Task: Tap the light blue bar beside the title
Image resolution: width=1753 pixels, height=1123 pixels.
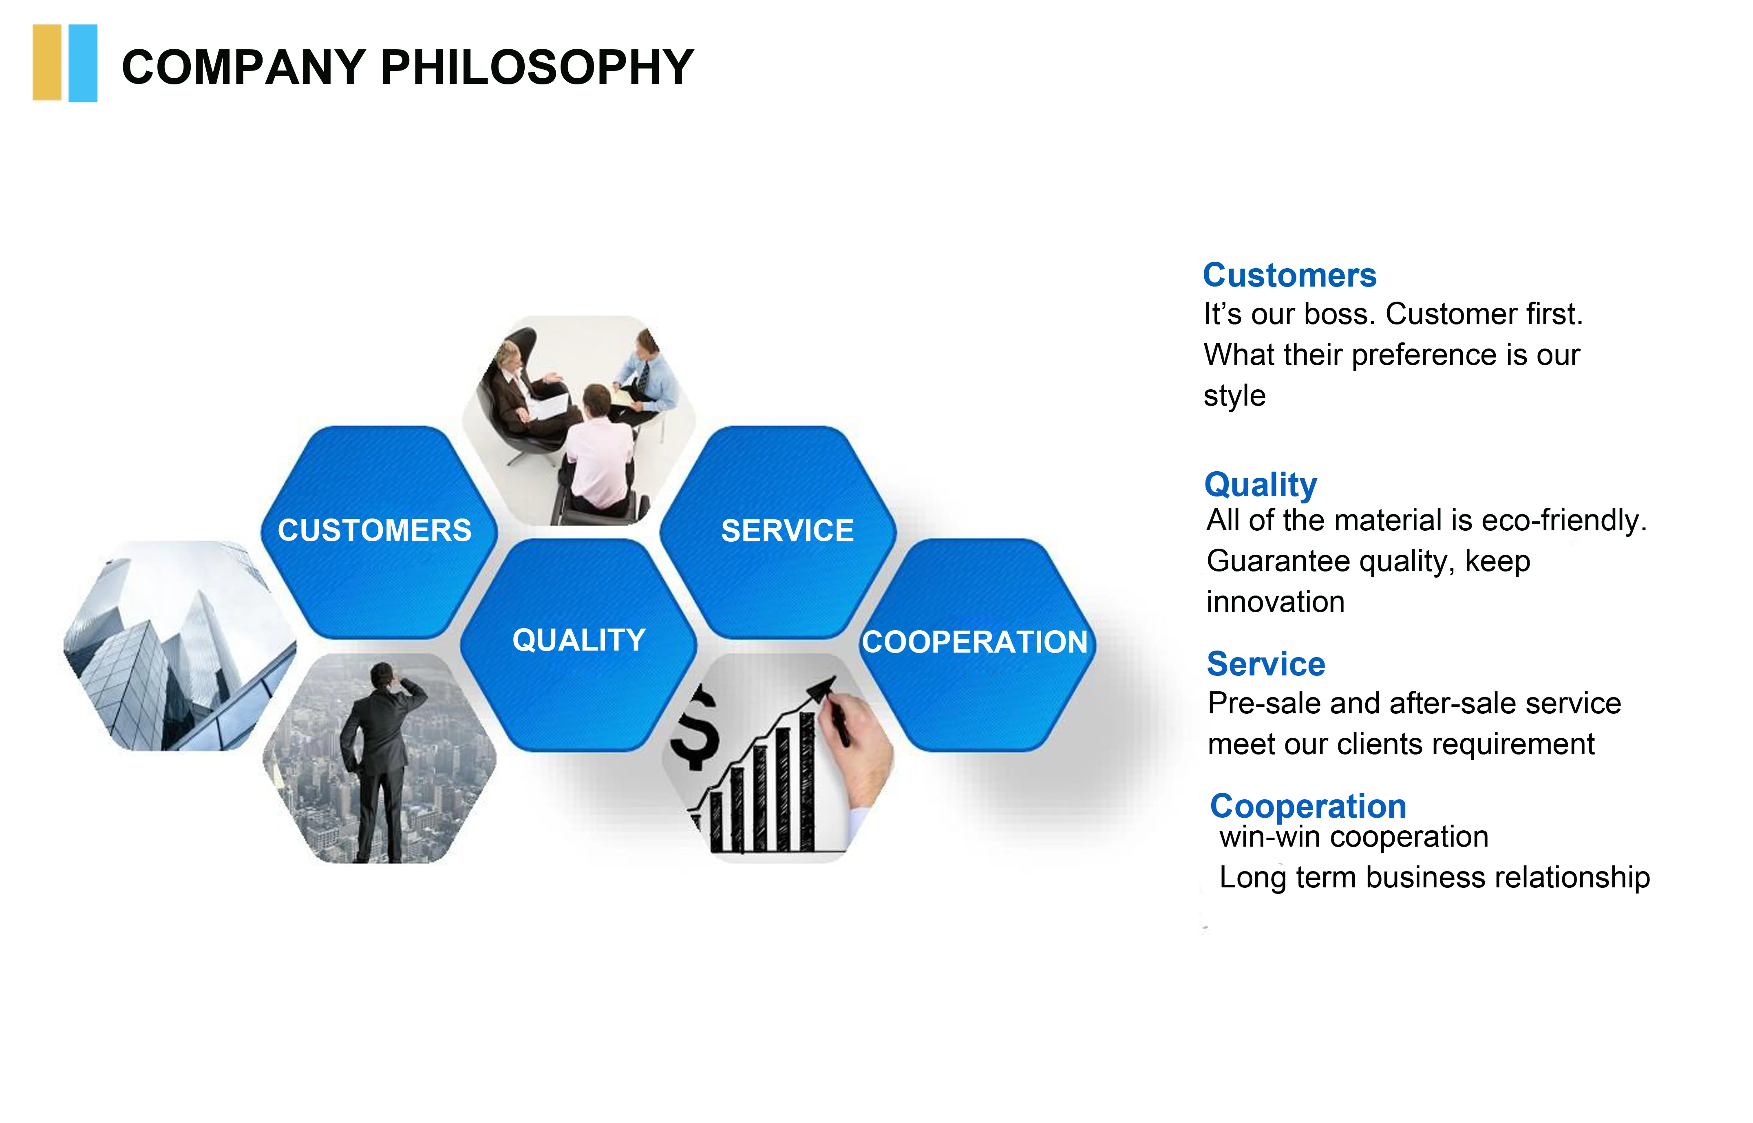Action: [x=83, y=64]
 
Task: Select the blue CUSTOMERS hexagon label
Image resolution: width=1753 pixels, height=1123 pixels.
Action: [x=375, y=530]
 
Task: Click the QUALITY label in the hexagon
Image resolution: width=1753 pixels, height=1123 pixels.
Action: [x=579, y=640]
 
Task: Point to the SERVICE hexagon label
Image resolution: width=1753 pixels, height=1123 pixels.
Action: [x=788, y=530]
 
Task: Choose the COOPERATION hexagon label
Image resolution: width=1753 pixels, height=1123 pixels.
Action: [x=975, y=642]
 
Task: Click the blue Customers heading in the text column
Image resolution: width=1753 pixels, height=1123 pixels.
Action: [x=1289, y=275]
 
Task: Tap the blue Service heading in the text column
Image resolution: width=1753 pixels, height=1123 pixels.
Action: [x=1266, y=664]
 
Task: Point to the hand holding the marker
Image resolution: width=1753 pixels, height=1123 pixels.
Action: [x=857, y=751]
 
